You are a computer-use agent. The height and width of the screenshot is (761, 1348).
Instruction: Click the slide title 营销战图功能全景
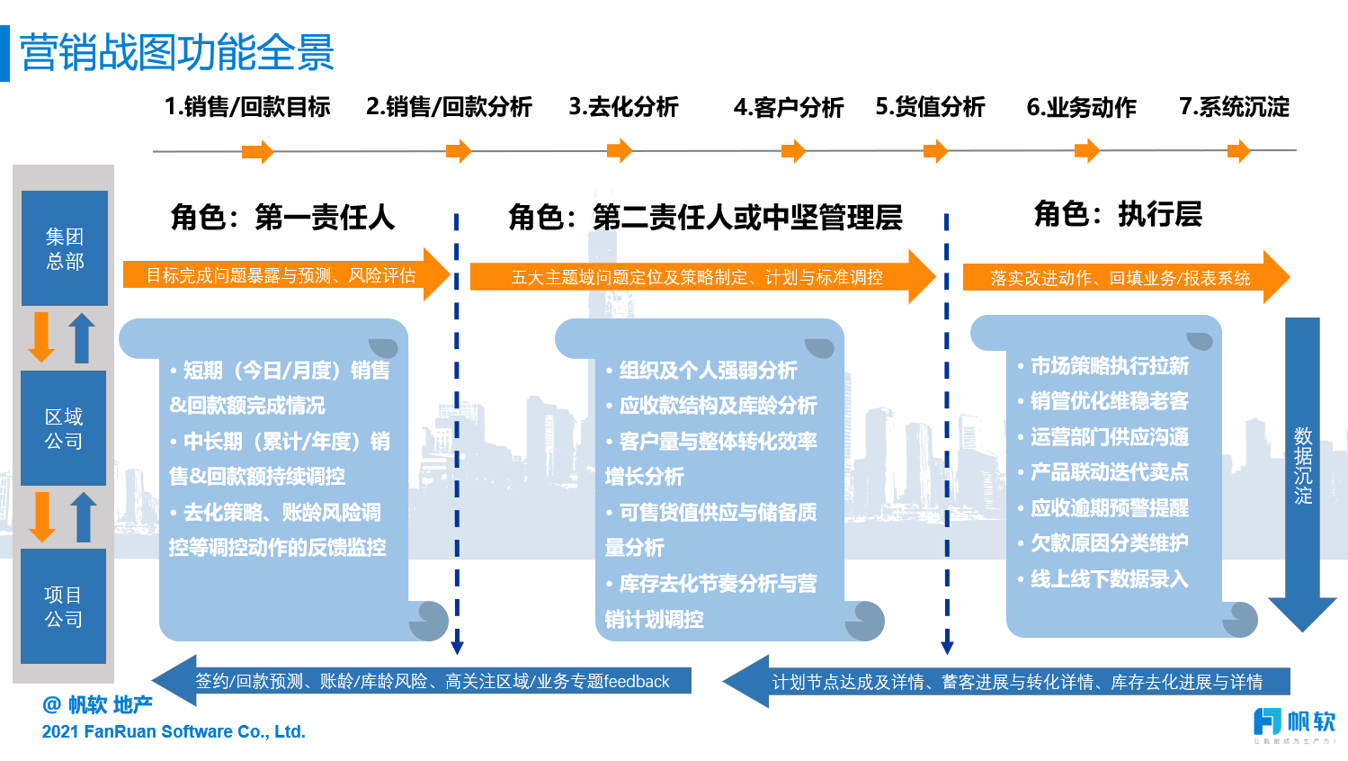click(x=177, y=53)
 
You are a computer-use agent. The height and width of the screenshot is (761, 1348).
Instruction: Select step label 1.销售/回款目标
click(x=247, y=107)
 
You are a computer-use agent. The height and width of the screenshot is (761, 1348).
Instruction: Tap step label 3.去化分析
click(x=623, y=107)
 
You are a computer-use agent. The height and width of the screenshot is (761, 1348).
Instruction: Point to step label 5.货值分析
click(x=930, y=107)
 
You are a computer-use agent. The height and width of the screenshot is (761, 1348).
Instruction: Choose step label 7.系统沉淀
click(x=1234, y=107)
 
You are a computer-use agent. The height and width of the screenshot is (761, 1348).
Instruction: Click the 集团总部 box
click(x=65, y=248)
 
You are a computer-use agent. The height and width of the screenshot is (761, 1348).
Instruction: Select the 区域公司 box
click(x=64, y=428)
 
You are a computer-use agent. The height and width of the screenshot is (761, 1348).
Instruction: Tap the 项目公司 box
click(x=63, y=606)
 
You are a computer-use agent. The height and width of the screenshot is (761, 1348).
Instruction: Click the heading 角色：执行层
click(x=1118, y=214)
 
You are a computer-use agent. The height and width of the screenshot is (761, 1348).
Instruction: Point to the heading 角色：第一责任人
click(x=282, y=217)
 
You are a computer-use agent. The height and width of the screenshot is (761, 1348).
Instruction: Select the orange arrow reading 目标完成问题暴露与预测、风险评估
click(x=282, y=275)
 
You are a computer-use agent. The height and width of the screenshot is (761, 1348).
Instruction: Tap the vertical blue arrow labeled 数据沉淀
click(x=1302, y=468)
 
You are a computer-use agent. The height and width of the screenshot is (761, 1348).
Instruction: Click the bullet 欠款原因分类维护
click(x=1109, y=543)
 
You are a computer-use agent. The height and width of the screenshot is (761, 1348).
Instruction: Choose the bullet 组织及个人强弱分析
click(x=708, y=371)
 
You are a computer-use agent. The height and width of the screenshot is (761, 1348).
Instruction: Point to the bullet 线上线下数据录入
click(x=1109, y=579)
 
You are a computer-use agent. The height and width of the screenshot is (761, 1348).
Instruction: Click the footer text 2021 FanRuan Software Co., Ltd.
click(x=174, y=731)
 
